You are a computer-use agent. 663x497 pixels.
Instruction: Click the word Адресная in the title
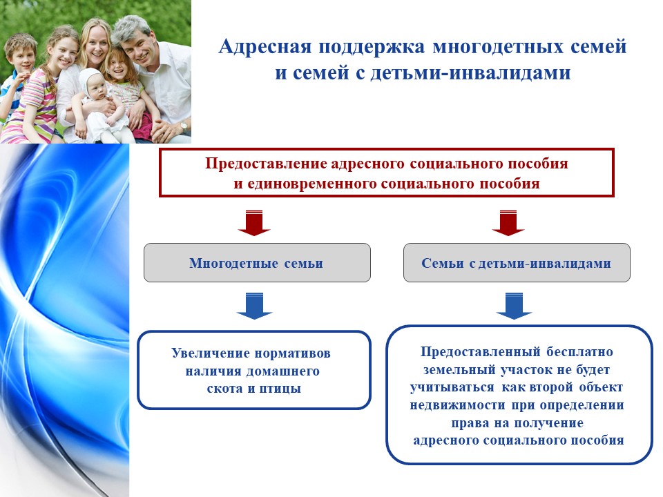coord(265,47)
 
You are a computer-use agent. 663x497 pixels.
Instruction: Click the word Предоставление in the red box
coord(266,164)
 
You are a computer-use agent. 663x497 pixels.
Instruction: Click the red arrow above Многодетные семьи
coord(254,222)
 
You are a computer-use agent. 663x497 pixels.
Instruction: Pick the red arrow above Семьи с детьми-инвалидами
coord(508,222)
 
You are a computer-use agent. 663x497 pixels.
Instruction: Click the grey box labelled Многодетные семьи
coord(257,262)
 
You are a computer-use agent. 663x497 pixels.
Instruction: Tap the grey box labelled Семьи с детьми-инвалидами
coord(517,262)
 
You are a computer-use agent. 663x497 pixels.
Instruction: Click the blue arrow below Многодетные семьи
coord(254,306)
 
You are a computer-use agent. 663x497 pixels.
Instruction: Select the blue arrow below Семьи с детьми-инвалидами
coord(514,306)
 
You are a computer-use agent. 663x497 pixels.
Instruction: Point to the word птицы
coord(280,389)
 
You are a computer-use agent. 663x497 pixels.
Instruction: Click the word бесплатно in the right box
coord(579,351)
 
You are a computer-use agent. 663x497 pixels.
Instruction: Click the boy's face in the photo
coord(23,57)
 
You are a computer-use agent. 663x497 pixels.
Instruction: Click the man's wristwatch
coord(184,126)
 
